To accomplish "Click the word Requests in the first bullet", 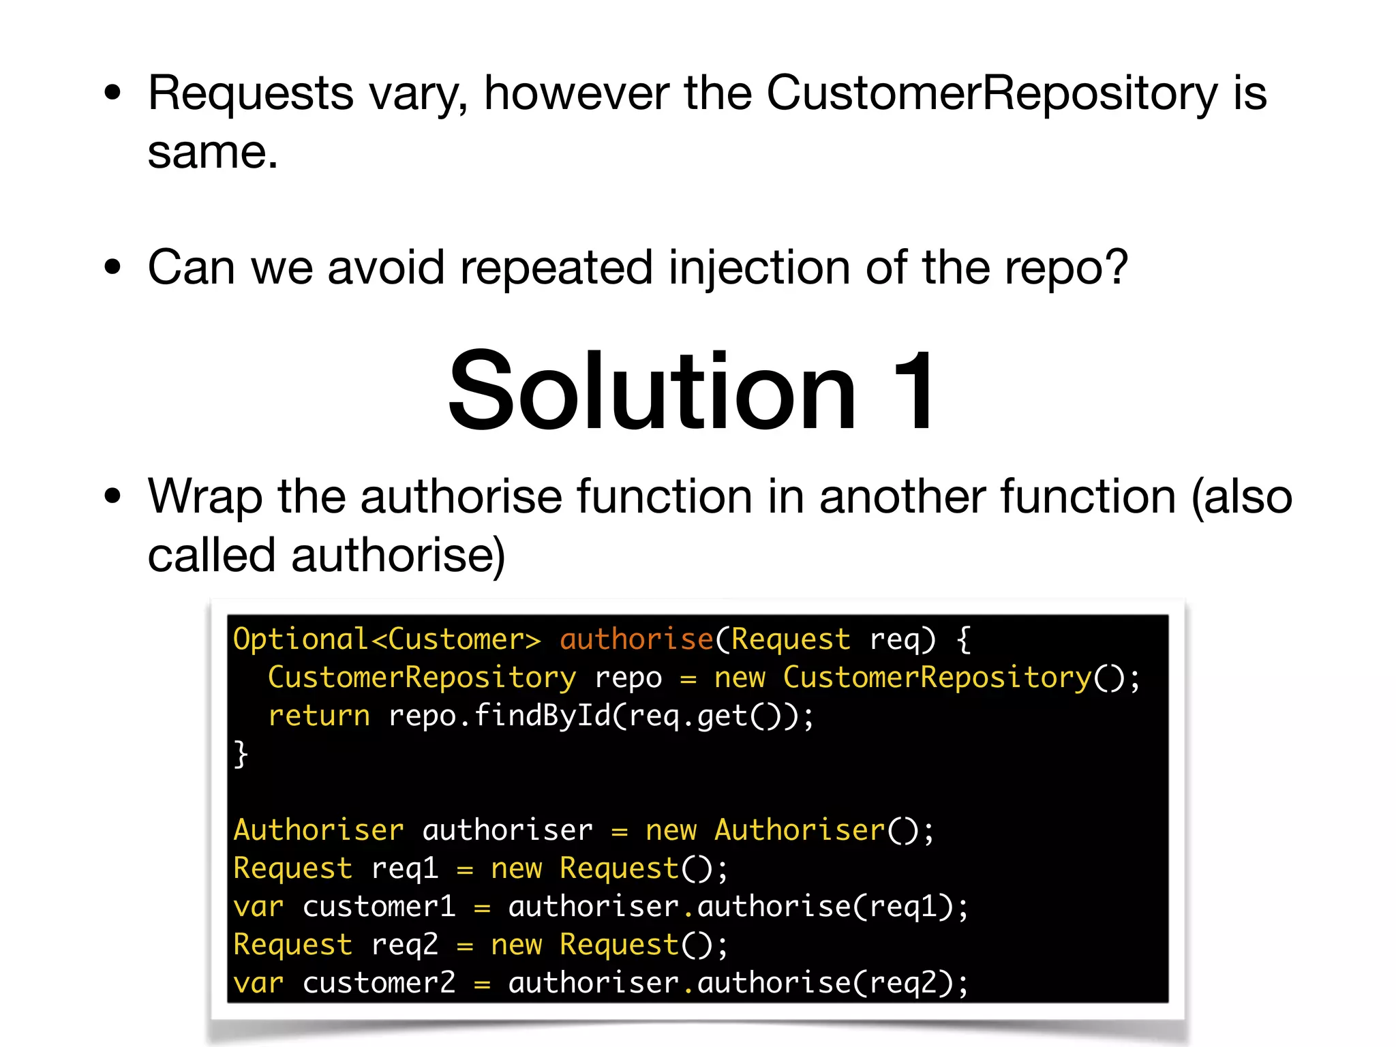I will click(250, 93).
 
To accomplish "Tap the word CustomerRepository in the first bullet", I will click(992, 93).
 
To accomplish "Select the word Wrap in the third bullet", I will click(204, 497).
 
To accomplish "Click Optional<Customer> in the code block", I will click(386, 639).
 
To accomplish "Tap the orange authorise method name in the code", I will click(636, 639).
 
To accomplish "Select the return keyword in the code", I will click(319, 716).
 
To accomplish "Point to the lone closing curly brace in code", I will click(241, 754).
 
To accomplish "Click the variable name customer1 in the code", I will click(379, 907).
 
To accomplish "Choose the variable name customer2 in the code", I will click(379, 983).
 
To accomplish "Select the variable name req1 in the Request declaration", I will click(404, 868).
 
